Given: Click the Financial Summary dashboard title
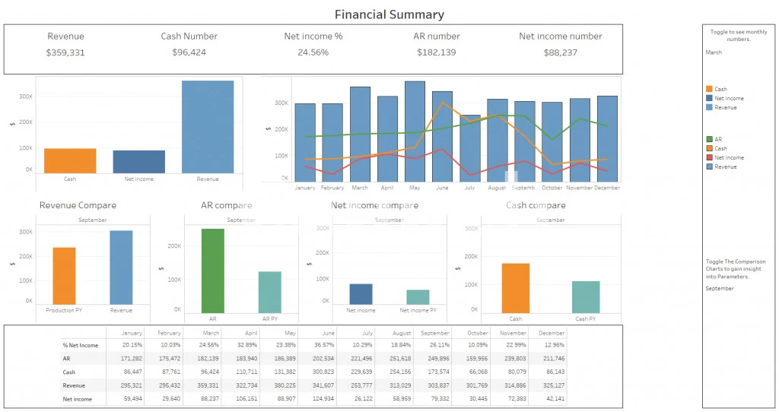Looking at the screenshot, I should tap(389, 14).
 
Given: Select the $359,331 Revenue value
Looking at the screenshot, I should tap(65, 52).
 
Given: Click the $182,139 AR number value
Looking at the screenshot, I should tap(437, 52).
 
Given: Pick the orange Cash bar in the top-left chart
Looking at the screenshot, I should tap(70, 160).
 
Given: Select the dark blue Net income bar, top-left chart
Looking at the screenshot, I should tap(139, 161).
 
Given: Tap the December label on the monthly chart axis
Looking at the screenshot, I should tap(607, 187).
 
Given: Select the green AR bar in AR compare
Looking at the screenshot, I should tap(212, 271).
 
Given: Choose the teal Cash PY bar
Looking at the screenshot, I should tap(586, 296).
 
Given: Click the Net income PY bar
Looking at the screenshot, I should tap(418, 297).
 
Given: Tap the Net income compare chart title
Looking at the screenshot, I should tap(374, 205).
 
